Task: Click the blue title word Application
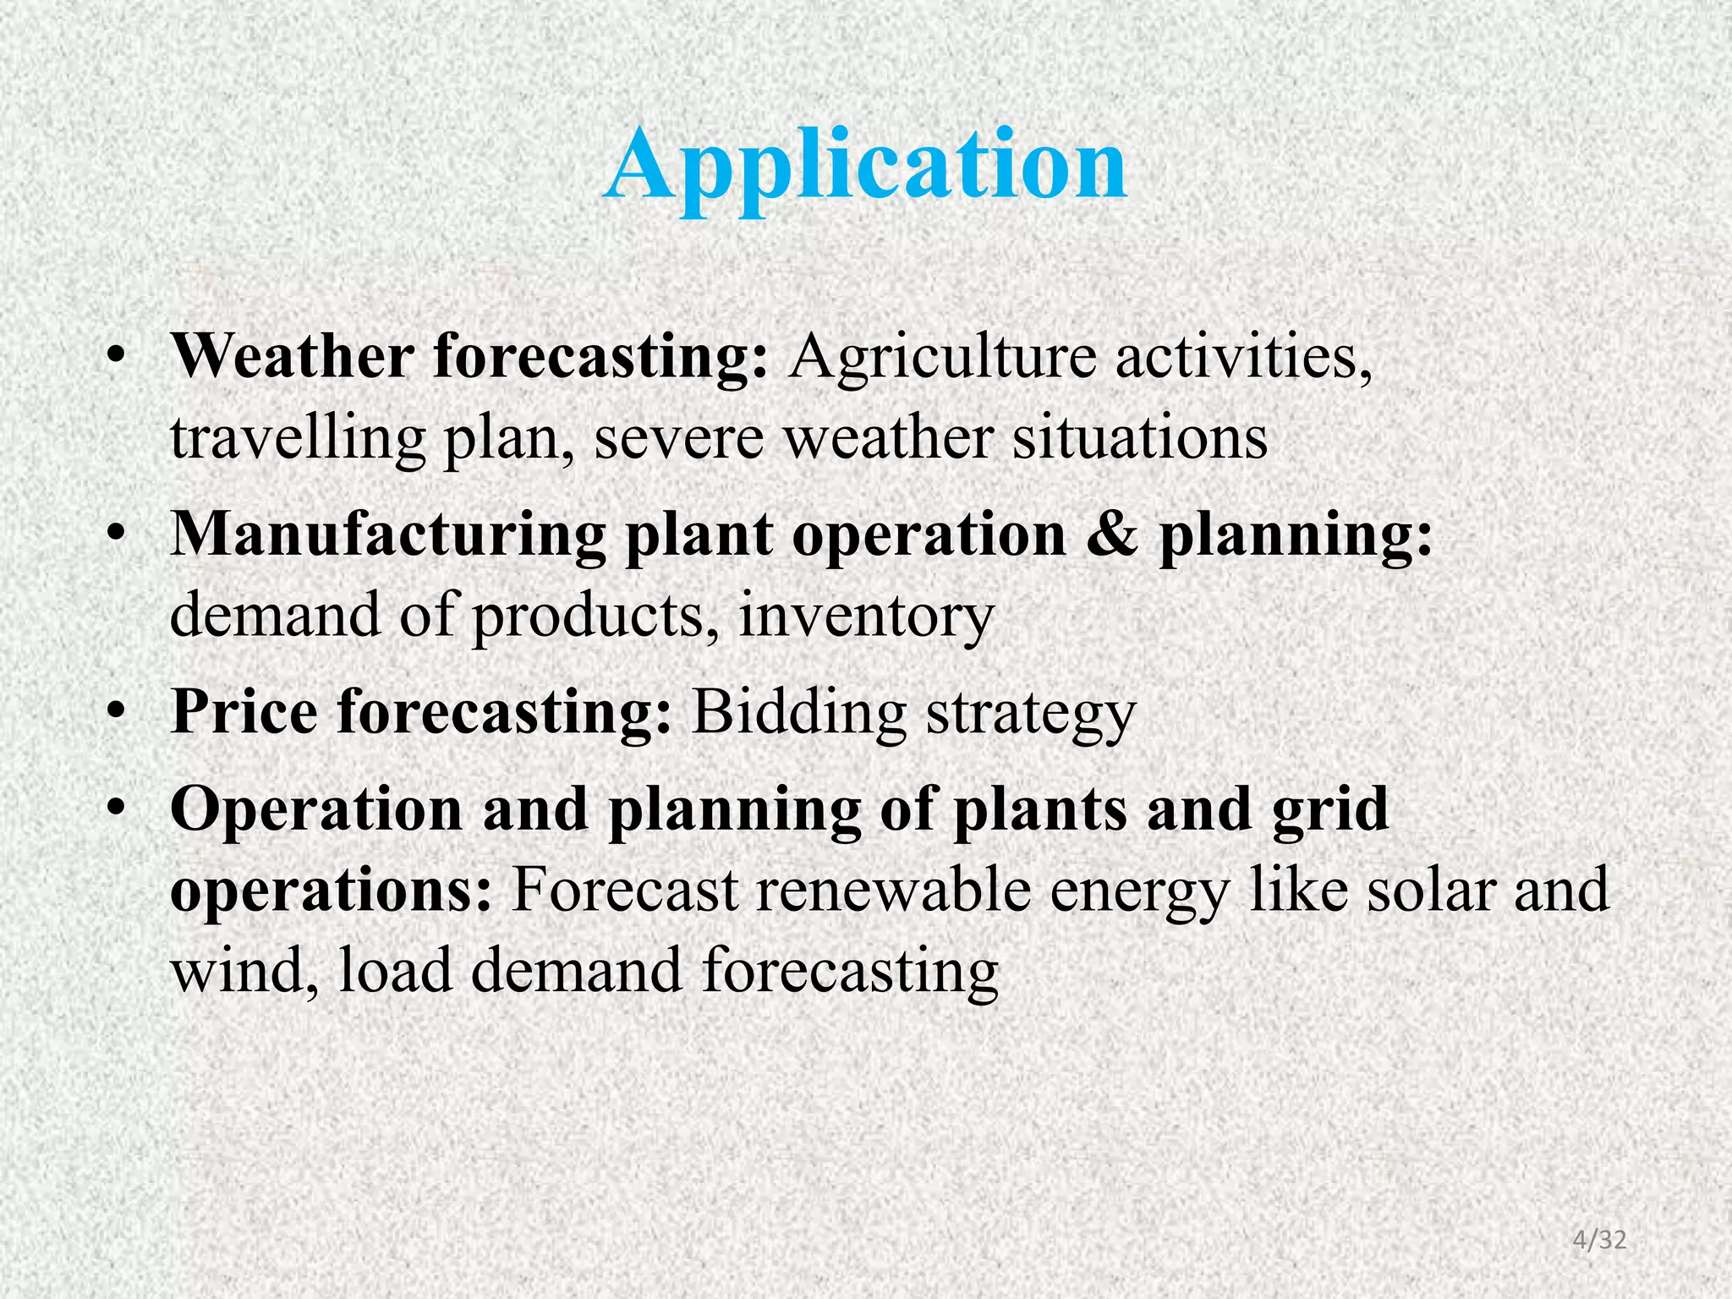point(865,165)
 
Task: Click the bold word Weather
point(292,357)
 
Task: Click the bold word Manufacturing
point(388,534)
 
